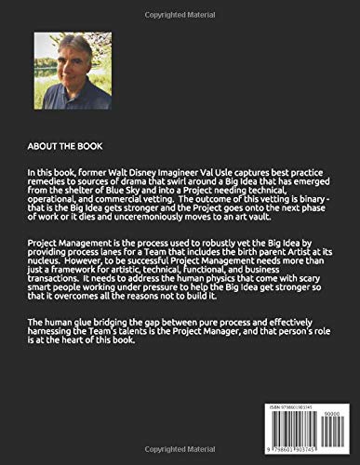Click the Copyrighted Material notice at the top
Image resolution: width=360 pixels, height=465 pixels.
point(180,7)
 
